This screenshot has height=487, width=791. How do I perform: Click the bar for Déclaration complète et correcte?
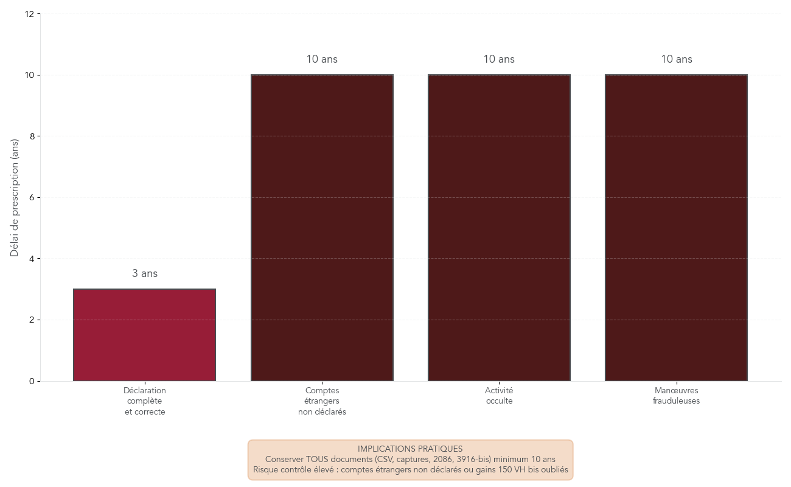click(x=144, y=335)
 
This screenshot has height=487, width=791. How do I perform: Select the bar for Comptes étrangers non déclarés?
click(x=322, y=228)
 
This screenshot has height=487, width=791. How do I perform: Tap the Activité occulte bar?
click(x=499, y=228)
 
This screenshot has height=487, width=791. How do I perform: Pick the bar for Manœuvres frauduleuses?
click(x=676, y=228)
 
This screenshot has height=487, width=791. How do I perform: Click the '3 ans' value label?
click(x=145, y=274)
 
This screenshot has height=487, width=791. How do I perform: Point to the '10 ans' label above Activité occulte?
click(x=499, y=59)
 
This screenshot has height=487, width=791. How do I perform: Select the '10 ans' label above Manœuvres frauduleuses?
click(x=677, y=59)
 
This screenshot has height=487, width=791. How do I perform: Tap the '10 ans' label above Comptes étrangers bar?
click(x=322, y=59)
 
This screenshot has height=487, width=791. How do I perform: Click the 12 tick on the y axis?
click(x=29, y=13)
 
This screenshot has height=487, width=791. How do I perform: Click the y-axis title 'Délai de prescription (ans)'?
click(x=15, y=198)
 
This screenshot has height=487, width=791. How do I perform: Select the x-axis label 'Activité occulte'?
click(x=499, y=396)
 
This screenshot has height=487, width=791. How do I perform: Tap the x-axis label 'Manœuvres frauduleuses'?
click(x=676, y=396)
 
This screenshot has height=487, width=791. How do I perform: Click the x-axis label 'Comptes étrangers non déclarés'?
click(x=322, y=401)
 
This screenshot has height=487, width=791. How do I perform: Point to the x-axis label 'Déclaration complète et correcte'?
click(x=144, y=401)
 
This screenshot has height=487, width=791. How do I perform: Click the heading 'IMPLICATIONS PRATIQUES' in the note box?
click(x=410, y=449)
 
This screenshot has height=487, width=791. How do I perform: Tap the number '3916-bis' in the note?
click(x=474, y=460)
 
